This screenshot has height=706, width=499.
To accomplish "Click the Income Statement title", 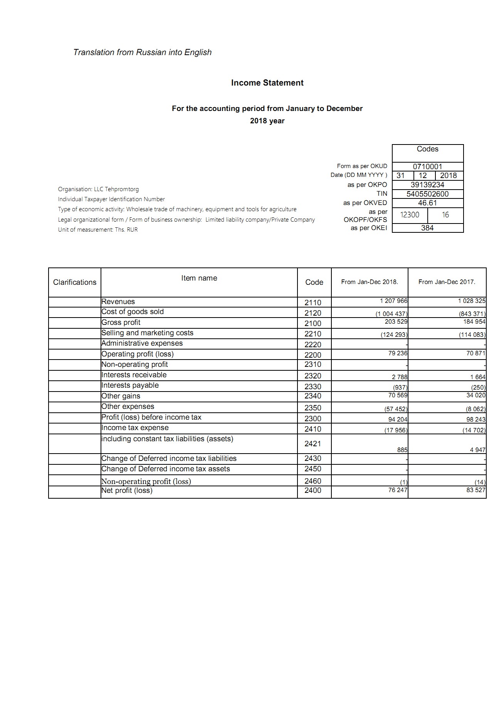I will click(267, 83).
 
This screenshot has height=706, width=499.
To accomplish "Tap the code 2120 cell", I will click(313, 313).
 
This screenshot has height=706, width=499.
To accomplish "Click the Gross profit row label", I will click(121, 323).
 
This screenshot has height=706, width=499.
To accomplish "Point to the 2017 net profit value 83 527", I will click(476, 490).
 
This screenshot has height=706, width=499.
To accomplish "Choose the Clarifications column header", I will click(75, 282).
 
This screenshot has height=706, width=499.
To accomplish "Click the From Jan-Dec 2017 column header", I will click(447, 282).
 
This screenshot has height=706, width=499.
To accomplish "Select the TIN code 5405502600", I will click(427, 194).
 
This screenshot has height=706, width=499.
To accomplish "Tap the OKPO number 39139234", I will click(427, 185).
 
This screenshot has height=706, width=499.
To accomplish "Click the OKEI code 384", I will click(427, 228).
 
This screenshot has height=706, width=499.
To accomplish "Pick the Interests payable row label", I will click(130, 385).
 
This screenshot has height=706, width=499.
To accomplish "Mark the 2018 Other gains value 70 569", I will click(397, 395).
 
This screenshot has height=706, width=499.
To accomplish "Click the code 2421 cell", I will click(313, 444).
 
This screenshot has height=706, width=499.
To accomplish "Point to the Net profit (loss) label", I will click(127, 491).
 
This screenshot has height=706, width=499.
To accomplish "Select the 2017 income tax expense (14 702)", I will click(474, 430).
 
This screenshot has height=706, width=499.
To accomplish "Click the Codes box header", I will click(427, 149).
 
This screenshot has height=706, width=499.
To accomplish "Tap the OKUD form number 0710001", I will click(427, 166).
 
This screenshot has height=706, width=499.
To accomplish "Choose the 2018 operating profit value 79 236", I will click(398, 353).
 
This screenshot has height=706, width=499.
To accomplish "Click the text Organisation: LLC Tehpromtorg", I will click(98, 189).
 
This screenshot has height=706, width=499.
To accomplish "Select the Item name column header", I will click(199, 278).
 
